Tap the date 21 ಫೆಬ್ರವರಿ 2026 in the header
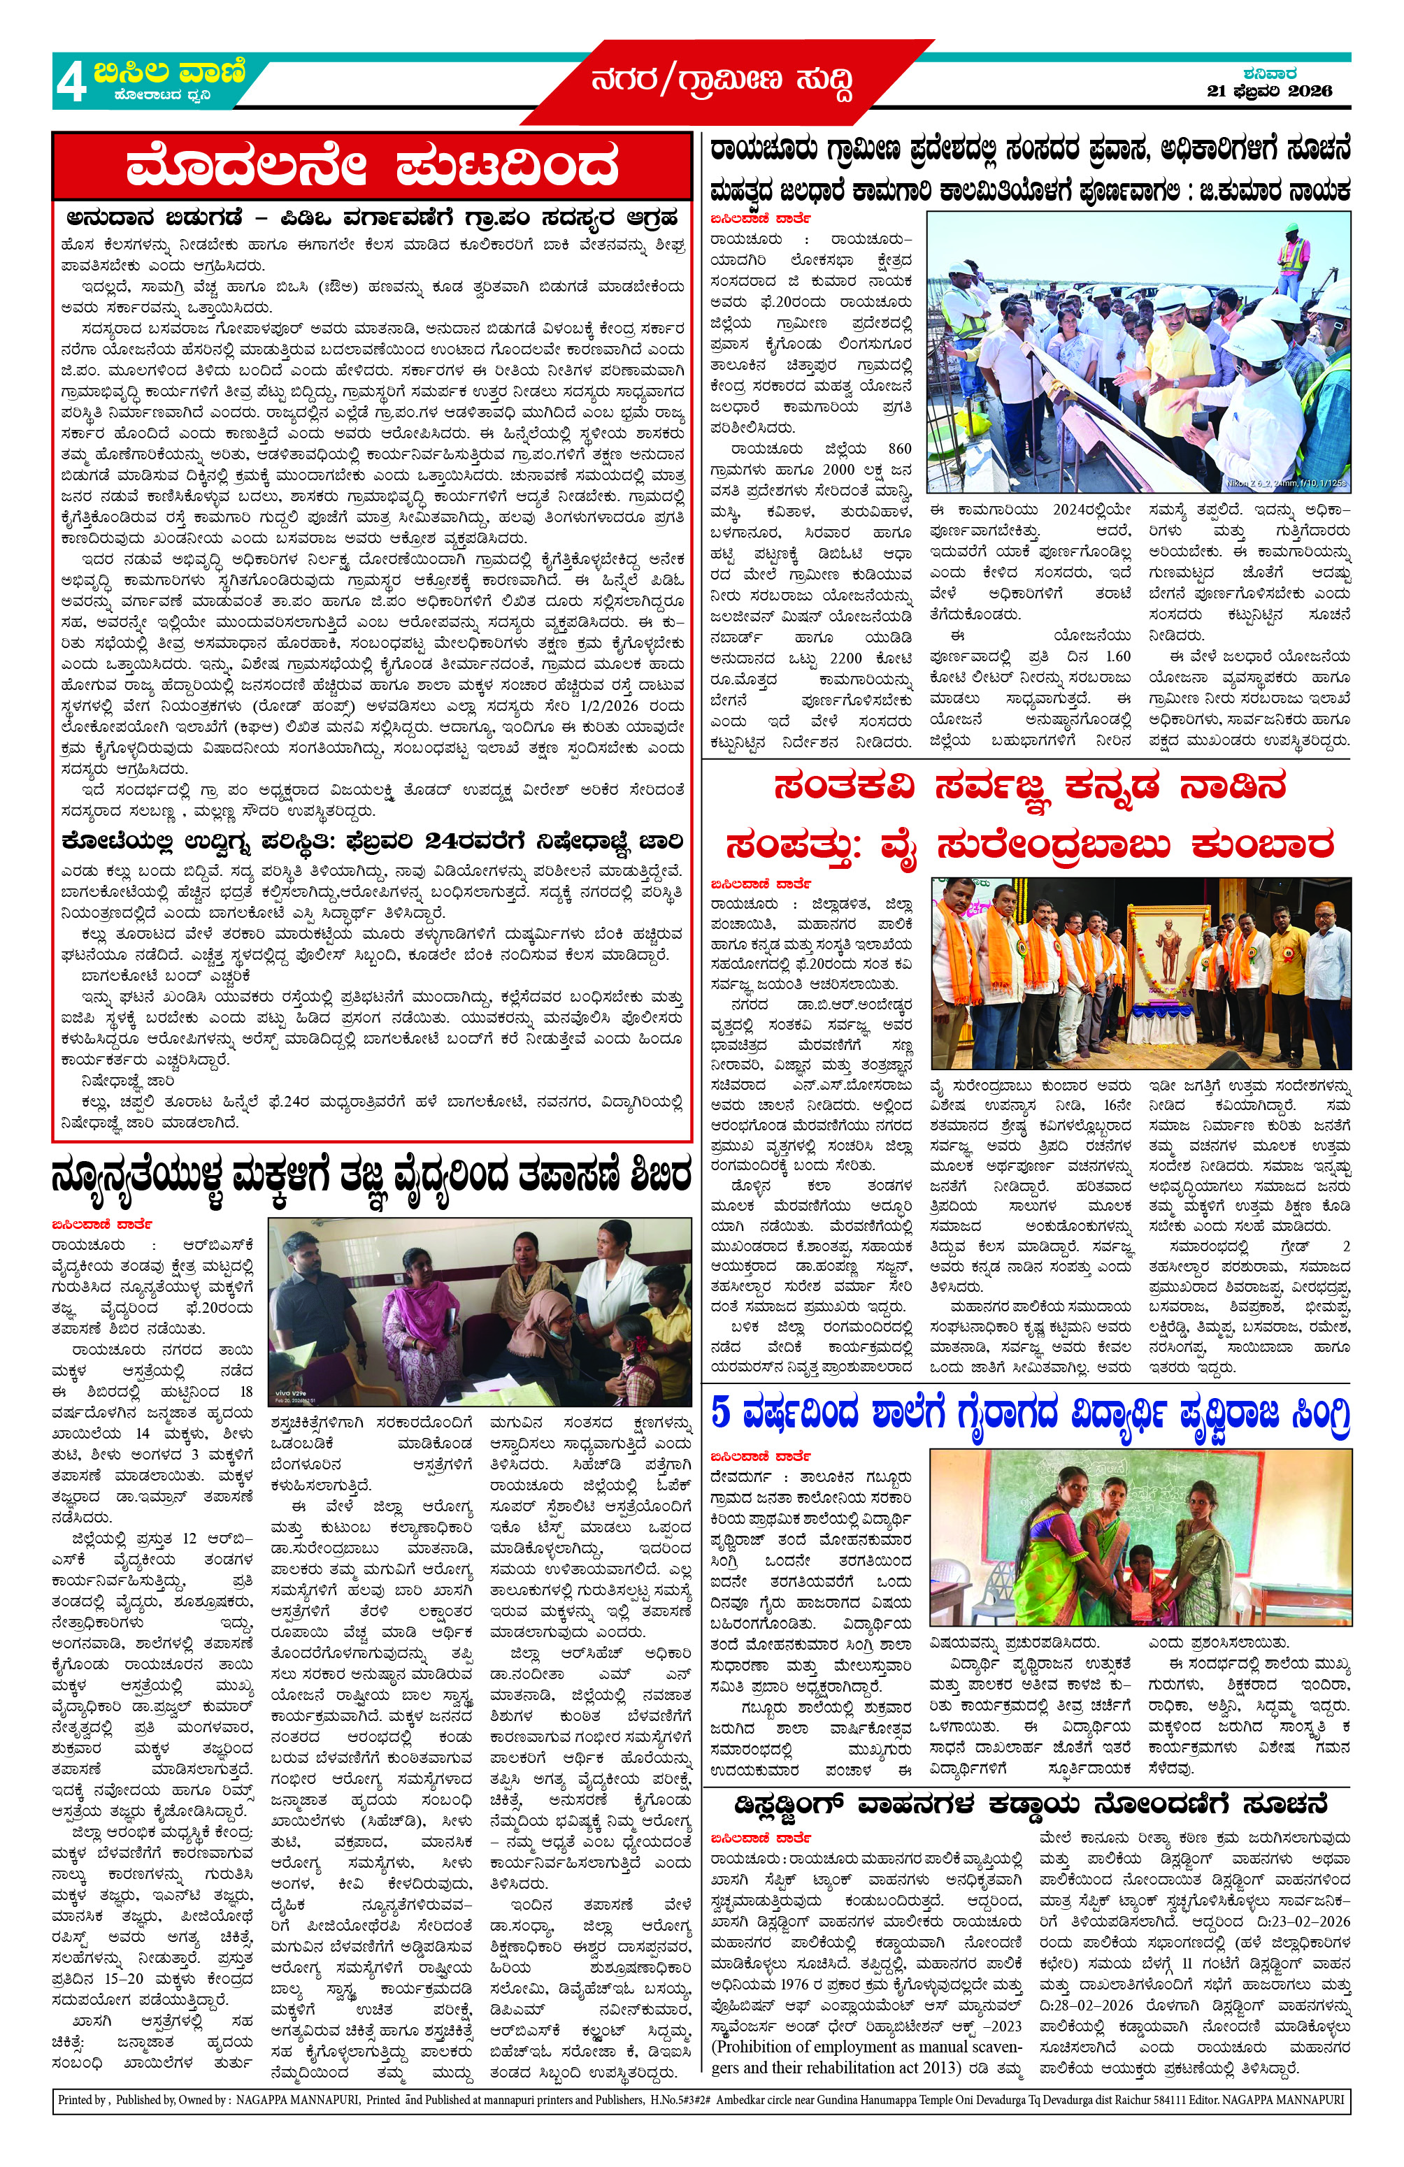(1268, 91)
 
